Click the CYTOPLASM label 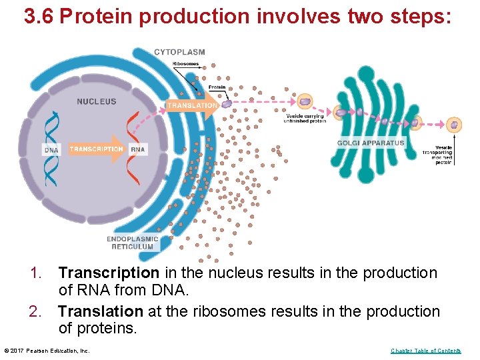[x=179, y=52]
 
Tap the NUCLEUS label [x=96, y=101]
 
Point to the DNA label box [x=51, y=150]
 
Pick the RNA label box [x=138, y=150]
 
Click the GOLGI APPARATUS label [x=371, y=143]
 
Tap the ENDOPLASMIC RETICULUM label [x=132, y=243]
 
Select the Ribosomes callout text [x=185, y=64]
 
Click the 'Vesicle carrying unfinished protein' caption [x=304, y=118]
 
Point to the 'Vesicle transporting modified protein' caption [x=437, y=154]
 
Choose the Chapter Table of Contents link [x=425, y=351]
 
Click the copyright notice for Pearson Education [x=47, y=351]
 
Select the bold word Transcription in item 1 [x=109, y=273]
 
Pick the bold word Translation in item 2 [x=101, y=311]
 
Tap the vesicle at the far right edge [x=454, y=125]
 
